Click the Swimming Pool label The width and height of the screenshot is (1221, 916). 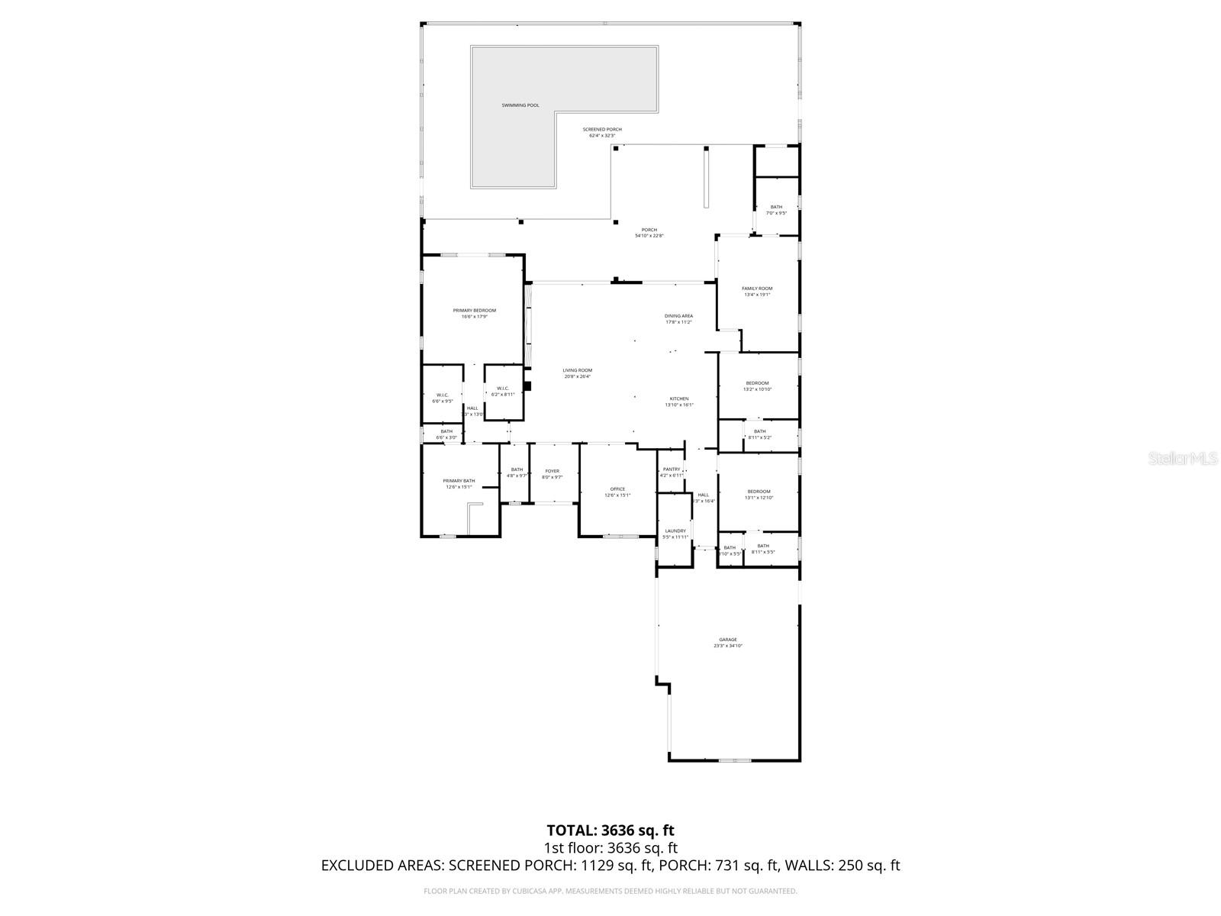(520, 105)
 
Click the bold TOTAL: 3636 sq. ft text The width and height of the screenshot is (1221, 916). (610, 830)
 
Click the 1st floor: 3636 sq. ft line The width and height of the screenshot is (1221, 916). (610, 848)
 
